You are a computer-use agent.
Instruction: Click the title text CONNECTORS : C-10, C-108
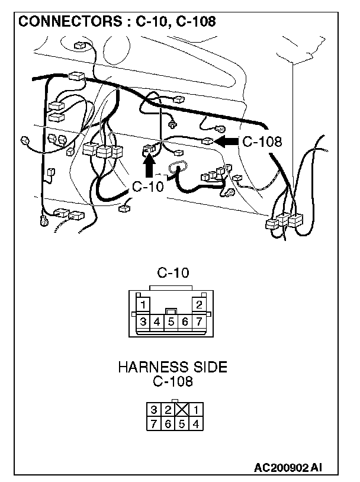[117, 22]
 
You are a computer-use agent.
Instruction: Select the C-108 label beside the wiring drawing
[261, 142]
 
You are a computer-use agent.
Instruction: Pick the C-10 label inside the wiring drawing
[147, 187]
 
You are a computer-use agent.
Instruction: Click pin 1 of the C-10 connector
[143, 305]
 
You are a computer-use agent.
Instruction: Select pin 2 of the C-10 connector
[199, 305]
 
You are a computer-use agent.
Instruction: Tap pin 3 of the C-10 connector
[143, 322]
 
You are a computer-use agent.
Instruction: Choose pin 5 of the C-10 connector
[171, 322]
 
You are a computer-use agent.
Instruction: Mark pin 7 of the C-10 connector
[199, 322]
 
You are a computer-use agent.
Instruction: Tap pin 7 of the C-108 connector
[153, 423]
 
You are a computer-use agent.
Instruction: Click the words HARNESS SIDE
[172, 367]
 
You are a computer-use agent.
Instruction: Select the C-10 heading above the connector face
[172, 274]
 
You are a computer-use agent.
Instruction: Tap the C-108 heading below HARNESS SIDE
[172, 381]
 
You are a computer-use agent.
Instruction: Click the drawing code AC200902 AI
[288, 468]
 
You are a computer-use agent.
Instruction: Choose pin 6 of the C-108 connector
[168, 423]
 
